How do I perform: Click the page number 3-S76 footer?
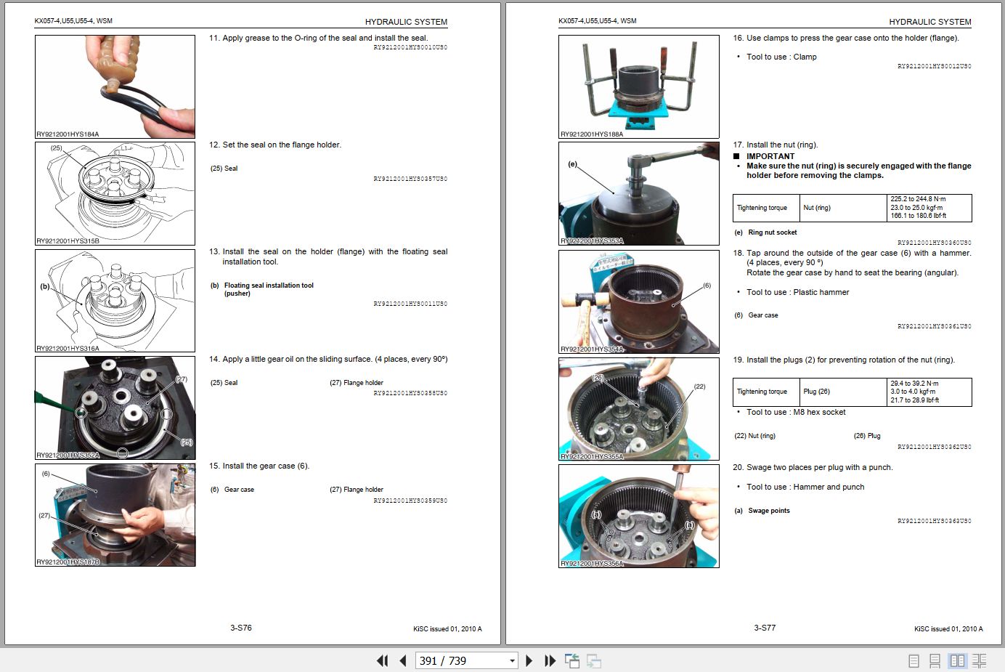240,628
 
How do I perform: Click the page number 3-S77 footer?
764,628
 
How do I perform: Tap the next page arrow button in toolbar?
529,660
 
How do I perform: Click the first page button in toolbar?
382,660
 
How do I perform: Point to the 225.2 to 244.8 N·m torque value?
918,199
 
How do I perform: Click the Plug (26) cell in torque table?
816,392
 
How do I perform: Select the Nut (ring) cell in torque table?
816,208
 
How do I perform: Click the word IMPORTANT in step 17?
770,156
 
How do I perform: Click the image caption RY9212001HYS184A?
68,134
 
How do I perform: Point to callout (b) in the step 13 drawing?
45,286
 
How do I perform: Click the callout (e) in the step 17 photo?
572,164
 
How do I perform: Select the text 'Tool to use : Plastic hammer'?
797,292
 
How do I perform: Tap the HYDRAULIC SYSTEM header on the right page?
929,22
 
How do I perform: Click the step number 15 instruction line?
259,466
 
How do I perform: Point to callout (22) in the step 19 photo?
699,386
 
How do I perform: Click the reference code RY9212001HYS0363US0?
934,521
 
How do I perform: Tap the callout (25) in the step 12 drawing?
56,148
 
